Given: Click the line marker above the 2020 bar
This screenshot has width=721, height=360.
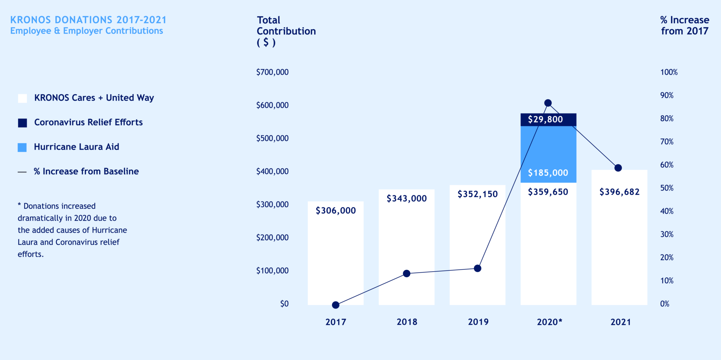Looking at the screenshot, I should click(548, 103).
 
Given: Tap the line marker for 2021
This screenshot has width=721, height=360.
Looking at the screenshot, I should click(618, 168).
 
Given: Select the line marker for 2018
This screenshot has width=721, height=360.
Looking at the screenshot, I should click(407, 273).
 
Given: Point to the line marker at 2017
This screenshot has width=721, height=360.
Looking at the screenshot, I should click(336, 305).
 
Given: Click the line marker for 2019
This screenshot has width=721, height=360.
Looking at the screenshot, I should click(477, 268).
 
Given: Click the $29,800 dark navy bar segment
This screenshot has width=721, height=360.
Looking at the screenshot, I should click(548, 119).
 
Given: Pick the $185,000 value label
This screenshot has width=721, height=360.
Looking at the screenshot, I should click(548, 173).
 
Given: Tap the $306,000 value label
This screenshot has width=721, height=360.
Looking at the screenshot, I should click(336, 210).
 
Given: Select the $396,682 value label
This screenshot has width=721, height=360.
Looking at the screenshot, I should click(619, 192).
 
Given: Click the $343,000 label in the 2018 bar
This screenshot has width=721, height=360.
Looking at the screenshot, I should click(407, 198).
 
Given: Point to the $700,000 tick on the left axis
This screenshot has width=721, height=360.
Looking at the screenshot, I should click(272, 72).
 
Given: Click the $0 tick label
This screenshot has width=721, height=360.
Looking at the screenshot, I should click(284, 304).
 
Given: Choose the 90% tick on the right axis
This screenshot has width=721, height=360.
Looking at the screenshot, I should click(667, 95).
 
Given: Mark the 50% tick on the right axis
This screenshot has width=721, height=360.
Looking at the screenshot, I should click(667, 188).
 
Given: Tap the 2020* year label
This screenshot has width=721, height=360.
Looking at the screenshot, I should click(549, 322).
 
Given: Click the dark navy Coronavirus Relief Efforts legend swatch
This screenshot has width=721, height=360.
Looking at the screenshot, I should click(23, 123).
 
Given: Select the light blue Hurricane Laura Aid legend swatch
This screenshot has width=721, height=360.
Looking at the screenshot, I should click(22, 147).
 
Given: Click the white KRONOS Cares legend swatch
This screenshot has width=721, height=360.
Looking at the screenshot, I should click(23, 98).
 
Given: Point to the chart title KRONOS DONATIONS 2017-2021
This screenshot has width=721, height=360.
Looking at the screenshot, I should click(88, 20).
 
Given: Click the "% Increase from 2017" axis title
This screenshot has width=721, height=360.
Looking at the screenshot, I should click(684, 25).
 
